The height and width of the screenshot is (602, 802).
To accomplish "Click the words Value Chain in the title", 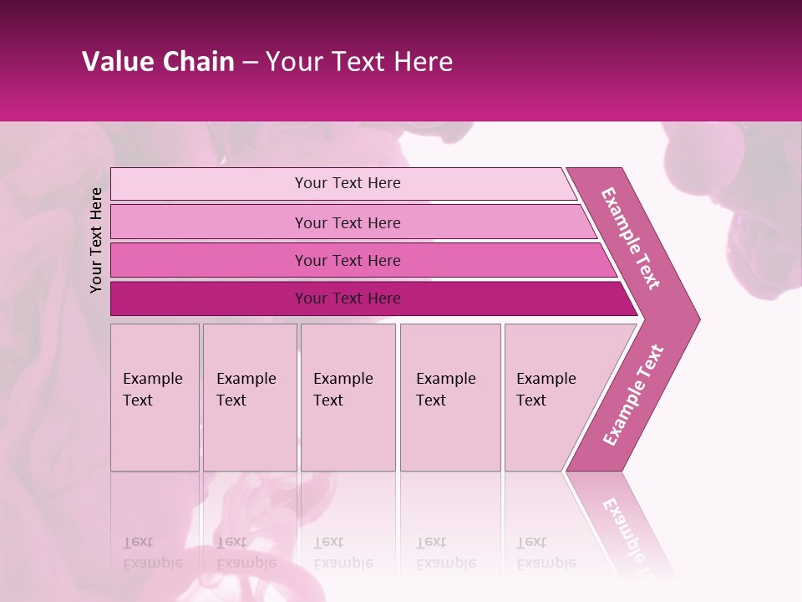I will pos(158,62).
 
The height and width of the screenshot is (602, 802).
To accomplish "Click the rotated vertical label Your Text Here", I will pos(96,240).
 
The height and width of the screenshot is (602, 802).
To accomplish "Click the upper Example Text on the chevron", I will pos(631,237).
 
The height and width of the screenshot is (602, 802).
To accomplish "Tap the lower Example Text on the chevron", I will pos(633,395).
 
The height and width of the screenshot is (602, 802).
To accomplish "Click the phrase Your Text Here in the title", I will pos(359,62).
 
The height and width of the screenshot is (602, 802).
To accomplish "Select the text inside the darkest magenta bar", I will pos(348,298).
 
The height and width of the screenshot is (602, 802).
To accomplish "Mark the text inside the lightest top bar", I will pos(348,183).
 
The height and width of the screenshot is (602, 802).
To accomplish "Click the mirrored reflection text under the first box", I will pos(152,553).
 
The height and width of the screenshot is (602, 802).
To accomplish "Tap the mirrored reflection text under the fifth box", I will pos(546,553).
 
